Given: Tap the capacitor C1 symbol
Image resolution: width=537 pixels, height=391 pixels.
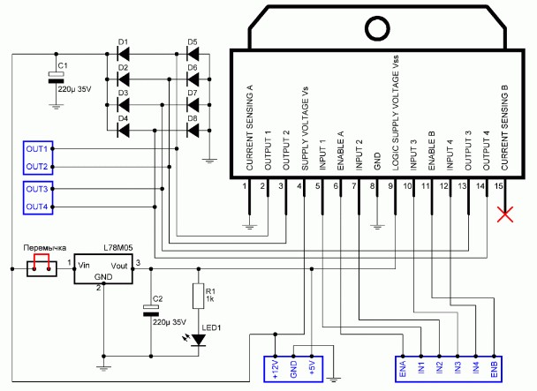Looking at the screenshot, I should (x=56, y=79).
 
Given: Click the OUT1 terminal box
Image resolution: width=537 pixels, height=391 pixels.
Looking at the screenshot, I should (x=36, y=147).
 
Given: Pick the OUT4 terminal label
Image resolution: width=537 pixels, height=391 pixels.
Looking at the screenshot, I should (x=36, y=207).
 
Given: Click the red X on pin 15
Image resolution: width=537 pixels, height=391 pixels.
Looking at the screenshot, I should (x=506, y=213).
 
